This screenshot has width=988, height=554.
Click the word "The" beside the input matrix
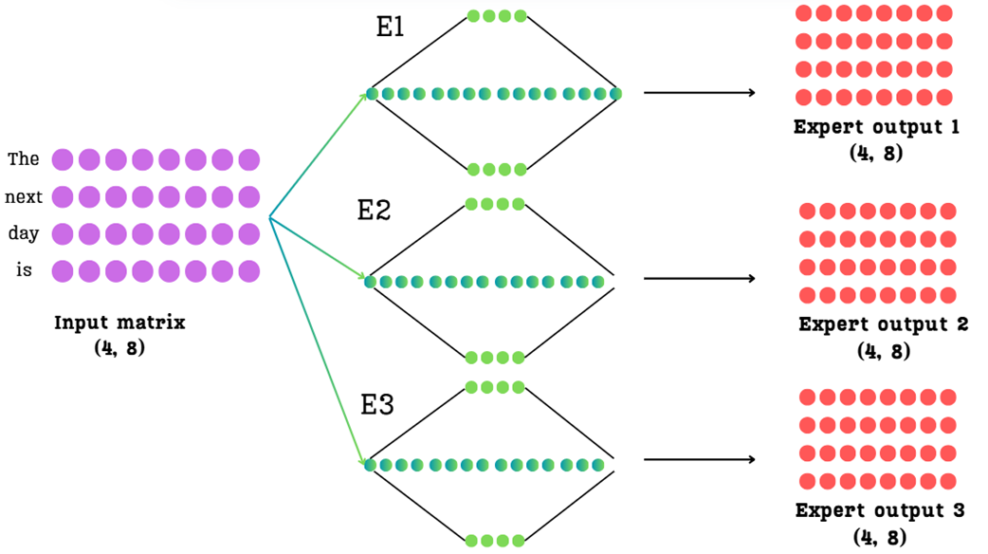coord(24,159)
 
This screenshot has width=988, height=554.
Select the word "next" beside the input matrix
coord(24,197)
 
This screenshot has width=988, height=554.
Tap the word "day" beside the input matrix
coord(24,232)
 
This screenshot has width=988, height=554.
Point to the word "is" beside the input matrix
coord(24,270)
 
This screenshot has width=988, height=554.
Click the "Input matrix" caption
coord(119,323)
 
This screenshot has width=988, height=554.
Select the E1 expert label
coord(390,28)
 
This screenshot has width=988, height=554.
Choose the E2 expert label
coord(374,211)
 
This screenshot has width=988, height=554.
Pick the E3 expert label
coord(377,405)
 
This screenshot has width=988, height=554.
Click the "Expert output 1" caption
coord(876,127)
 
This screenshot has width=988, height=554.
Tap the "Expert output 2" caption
coord(883,324)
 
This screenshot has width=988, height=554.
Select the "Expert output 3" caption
coord(880,510)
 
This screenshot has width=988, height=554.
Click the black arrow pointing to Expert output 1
coord(699,93)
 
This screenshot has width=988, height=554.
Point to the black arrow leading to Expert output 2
coord(699,278)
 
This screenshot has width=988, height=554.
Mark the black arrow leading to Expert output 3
coord(699,460)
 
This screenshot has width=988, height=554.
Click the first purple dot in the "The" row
coord(63,159)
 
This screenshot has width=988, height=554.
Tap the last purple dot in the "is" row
coord(249,271)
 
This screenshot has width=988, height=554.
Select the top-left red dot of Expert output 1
coord(803,13)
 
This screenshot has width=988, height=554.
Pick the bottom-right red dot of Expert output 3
coord(946,481)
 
